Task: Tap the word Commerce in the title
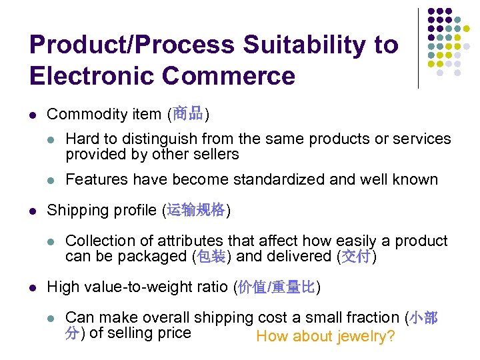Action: [x=229, y=75]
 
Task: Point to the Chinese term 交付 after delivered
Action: [x=356, y=257]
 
